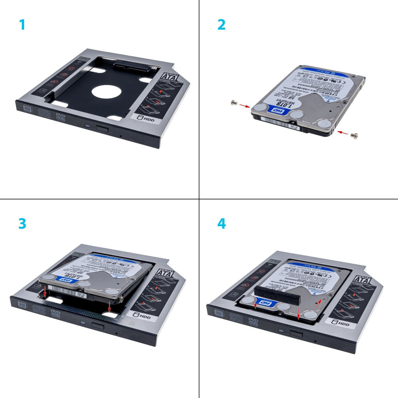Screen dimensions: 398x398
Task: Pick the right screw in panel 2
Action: click(354, 135)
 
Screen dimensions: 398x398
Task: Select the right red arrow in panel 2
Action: click(342, 133)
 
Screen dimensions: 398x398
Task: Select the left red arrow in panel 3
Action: click(45, 292)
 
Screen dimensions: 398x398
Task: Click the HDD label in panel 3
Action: click(141, 315)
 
